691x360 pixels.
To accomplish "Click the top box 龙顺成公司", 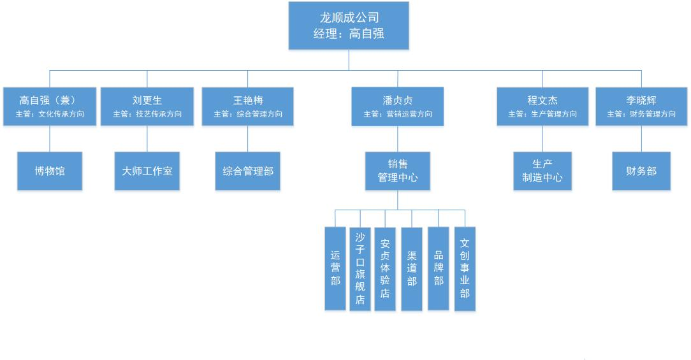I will tap(348, 25).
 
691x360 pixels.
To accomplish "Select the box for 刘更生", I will tap(147, 106).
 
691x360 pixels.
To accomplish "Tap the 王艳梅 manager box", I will tap(247, 106).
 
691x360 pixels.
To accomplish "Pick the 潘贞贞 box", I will tap(397, 106).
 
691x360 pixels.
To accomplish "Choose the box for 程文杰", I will tap(542, 106).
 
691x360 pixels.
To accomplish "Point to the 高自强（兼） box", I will tap(50, 106).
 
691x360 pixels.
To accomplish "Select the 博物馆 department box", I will tap(50, 171).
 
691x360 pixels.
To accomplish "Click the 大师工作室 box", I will tap(147, 171).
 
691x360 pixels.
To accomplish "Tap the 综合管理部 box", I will tap(247, 171).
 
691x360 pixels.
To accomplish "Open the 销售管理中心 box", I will tap(397, 171).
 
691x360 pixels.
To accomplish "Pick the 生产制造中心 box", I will tap(542, 171).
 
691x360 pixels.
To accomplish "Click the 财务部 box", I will tap(641, 171).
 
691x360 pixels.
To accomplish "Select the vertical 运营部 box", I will tap(335, 268).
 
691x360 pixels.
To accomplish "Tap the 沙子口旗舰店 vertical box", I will tap(360, 268).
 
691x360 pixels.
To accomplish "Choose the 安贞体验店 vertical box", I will tap(385, 268).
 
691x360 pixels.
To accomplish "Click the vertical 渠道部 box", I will tap(412, 268).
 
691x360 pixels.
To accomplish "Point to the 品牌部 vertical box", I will tap(439, 268).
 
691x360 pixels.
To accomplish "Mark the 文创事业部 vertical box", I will tap(465, 268).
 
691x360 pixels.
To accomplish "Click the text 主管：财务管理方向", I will tap(641, 115).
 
